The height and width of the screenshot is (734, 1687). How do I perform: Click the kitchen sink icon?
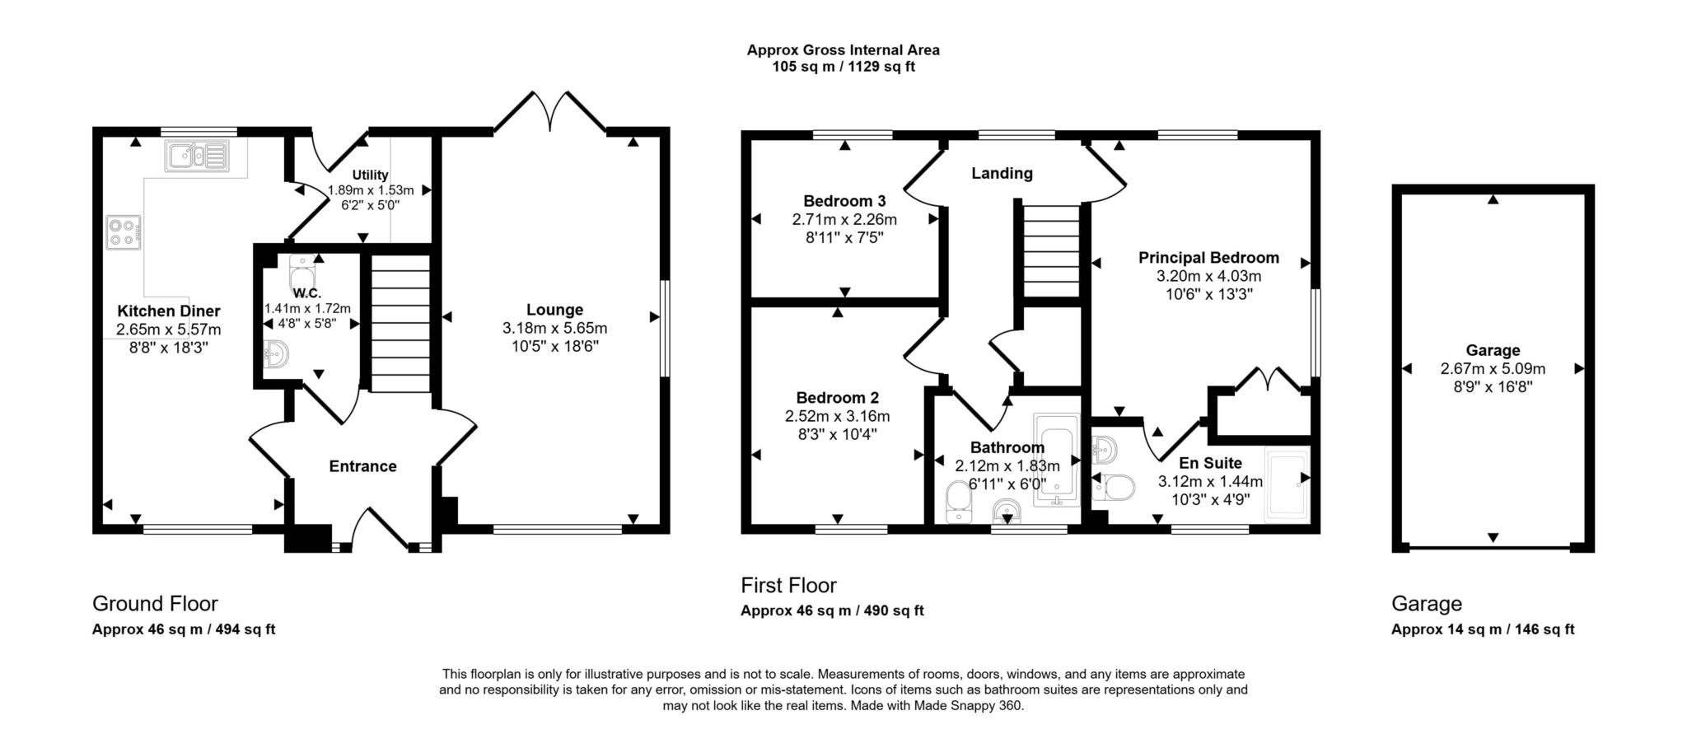[196, 156]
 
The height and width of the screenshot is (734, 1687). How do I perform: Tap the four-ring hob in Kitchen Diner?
[124, 231]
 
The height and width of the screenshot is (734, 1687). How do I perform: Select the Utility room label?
[370, 175]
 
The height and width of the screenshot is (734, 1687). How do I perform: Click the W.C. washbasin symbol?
[275, 355]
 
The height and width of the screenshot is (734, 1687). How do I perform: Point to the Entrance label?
[362, 466]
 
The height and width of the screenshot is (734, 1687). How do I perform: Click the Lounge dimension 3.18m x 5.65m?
[554, 328]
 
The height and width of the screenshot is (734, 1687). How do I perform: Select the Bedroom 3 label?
[844, 201]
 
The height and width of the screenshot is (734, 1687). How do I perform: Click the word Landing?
[1002, 173]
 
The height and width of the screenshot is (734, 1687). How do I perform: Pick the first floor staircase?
[1051, 250]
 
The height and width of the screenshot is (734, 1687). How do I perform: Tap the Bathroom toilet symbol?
[958, 502]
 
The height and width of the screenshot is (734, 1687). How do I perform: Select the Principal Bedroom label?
[1208, 258]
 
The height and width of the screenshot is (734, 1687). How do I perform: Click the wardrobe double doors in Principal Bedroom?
[1268, 381]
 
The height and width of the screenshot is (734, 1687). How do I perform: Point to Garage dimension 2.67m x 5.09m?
[1493, 369]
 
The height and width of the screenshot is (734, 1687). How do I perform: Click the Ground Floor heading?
[155, 604]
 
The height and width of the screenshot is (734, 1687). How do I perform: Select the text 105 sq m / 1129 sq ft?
[843, 67]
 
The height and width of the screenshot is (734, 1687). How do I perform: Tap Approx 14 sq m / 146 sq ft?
[1482, 629]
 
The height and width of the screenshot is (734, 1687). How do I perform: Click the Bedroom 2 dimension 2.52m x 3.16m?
[837, 416]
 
